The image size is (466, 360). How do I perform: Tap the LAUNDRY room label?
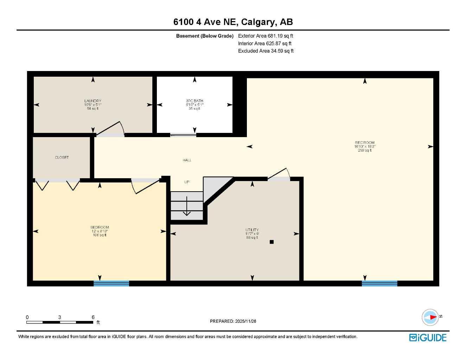(x=93, y=101)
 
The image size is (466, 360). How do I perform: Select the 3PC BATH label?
(x=194, y=101)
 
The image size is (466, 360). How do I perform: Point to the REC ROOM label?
(x=365, y=143)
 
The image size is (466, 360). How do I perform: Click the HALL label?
(x=187, y=160)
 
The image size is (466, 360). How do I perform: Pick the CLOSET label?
(x=62, y=157)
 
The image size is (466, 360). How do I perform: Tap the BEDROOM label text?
(x=100, y=227)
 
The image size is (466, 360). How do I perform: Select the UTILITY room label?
(x=252, y=230)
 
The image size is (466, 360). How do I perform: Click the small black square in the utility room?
(x=272, y=242)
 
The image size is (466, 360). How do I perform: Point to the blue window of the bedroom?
(x=111, y=283)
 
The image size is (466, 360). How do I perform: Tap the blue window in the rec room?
(x=379, y=283)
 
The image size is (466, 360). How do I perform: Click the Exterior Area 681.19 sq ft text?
(x=266, y=36)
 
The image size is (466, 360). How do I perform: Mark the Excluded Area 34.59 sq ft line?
(x=266, y=51)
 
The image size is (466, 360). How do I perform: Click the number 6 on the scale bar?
(x=93, y=317)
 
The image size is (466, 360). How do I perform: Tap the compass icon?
(x=430, y=317)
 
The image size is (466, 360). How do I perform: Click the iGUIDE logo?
(x=428, y=337)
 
